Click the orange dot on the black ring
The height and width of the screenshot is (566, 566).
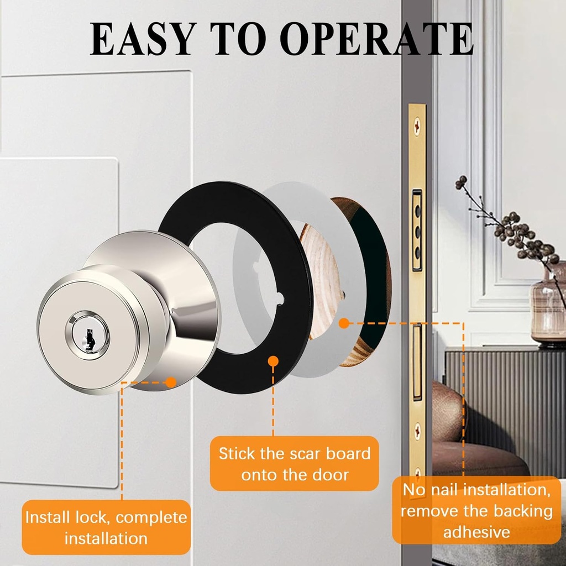tap(273, 361)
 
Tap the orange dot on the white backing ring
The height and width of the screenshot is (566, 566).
tap(344, 323)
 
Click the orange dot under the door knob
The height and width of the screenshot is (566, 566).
tap(171, 381)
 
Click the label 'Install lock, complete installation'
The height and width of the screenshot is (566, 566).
tap(106, 527)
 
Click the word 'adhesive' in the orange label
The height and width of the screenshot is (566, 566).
tap(476, 532)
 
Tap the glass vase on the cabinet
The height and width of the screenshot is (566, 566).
tap(547, 310)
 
